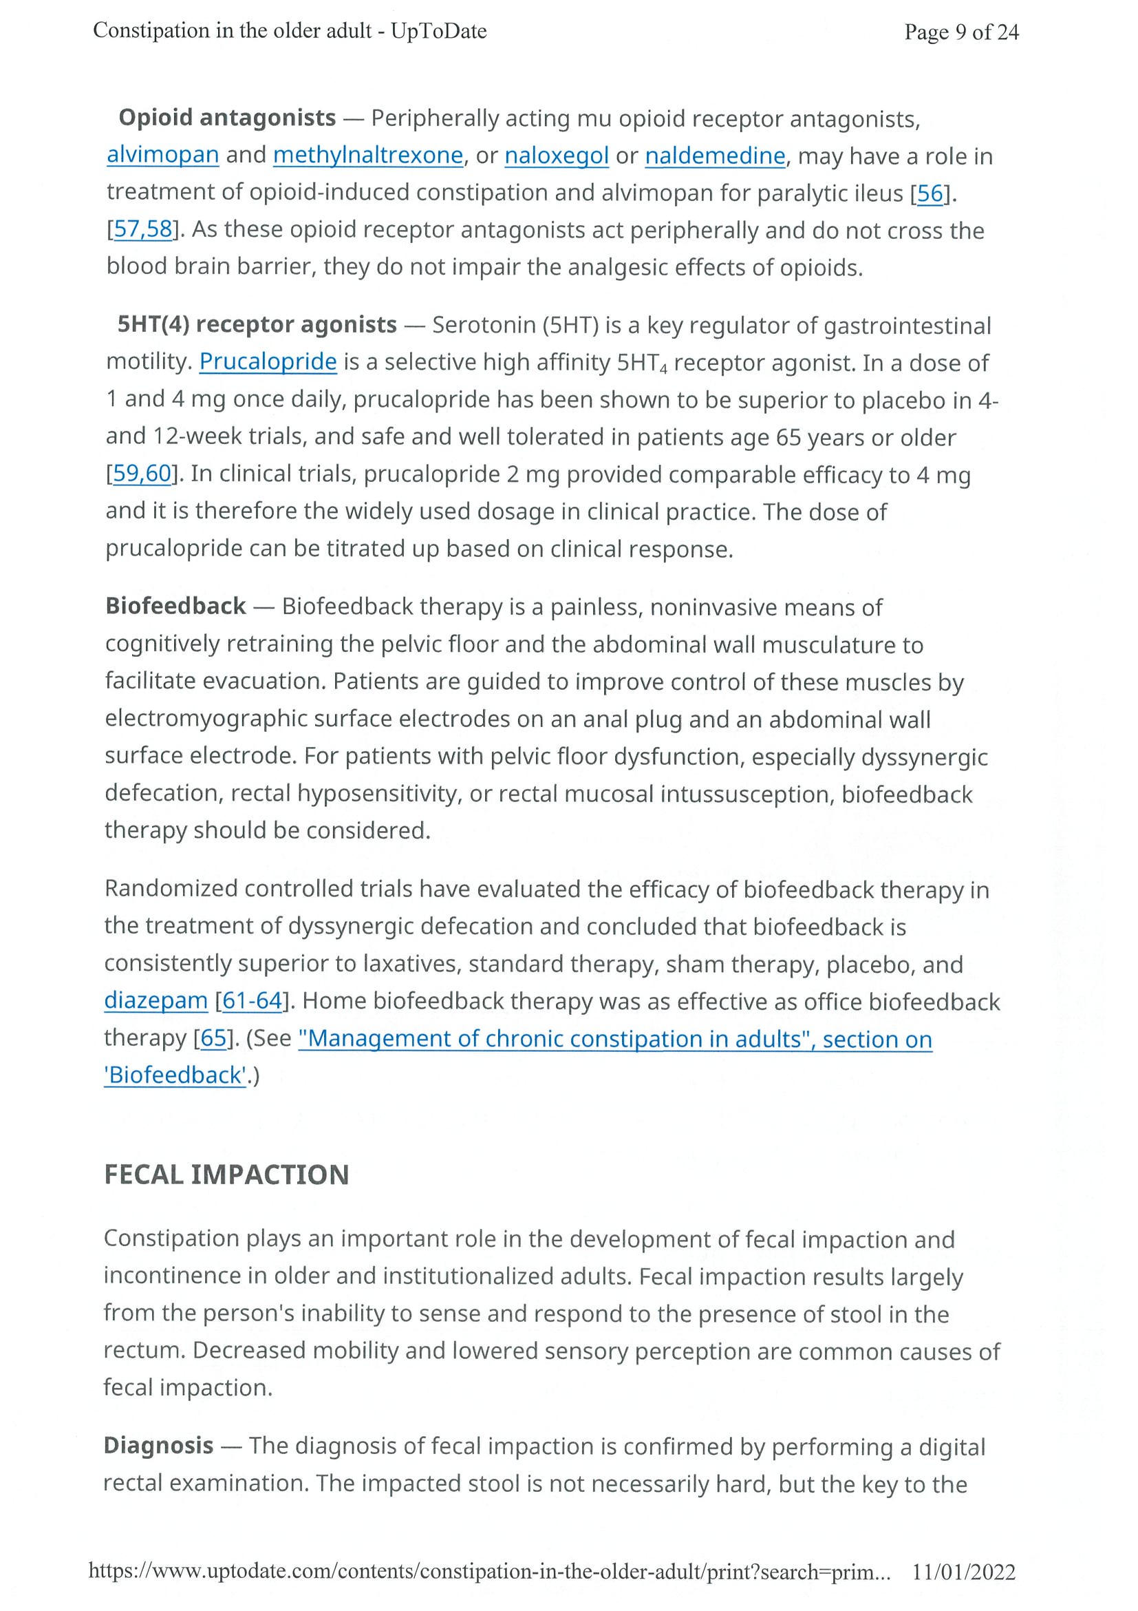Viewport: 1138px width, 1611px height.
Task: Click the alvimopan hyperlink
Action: click(162, 154)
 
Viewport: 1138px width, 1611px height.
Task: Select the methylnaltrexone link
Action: click(368, 155)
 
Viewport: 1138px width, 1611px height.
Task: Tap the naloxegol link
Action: click(556, 155)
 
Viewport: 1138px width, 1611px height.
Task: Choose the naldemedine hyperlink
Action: click(714, 155)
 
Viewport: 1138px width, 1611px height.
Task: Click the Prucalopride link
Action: click(268, 361)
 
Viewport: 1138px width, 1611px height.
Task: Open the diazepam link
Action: click(155, 1000)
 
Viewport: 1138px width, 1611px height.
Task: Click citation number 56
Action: click(930, 193)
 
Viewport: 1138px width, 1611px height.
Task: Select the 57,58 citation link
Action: click(143, 229)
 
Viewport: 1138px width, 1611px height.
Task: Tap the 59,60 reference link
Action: click(142, 474)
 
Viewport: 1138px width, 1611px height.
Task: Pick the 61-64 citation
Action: click(252, 1000)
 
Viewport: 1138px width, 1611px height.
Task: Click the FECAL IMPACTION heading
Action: click(226, 1175)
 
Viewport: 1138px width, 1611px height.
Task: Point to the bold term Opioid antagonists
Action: click(227, 117)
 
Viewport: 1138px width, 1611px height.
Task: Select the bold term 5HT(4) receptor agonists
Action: click(257, 324)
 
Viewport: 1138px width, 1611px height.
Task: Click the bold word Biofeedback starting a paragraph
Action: click(175, 606)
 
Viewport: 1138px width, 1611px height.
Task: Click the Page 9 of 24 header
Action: click(960, 32)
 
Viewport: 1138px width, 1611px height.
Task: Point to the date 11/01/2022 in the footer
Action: click(963, 1572)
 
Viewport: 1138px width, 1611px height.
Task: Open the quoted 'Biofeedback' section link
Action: click(175, 1075)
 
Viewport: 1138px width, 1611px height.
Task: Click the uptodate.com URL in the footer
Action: click(489, 1572)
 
